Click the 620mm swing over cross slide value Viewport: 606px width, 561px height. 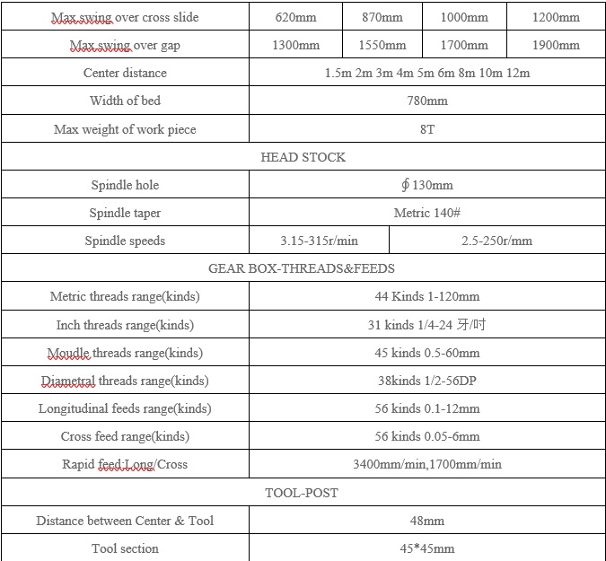(x=295, y=17)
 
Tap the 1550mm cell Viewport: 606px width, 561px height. (x=382, y=45)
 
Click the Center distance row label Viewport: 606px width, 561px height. (x=125, y=73)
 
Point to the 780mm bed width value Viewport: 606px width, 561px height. (x=427, y=101)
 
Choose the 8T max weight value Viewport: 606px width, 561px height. (x=427, y=129)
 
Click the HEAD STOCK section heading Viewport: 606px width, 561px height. (x=303, y=157)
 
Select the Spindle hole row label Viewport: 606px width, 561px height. (x=125, y=185)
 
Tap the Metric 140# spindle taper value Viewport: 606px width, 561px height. (x=427, y=213)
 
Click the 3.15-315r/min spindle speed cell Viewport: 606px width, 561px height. (x=319, y=241)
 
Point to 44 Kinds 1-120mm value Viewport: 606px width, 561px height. (x=427, y=296)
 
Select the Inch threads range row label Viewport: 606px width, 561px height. (x=125, y=325)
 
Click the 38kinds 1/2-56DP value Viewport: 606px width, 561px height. (x=427, y=381)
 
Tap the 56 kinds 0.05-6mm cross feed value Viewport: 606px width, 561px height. (x=427, y=436)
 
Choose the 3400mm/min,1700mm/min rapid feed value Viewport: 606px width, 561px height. (x=427, y=464)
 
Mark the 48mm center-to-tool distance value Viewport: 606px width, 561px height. (x=427, y=521)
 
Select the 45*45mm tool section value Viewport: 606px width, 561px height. (x=427, y=548)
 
